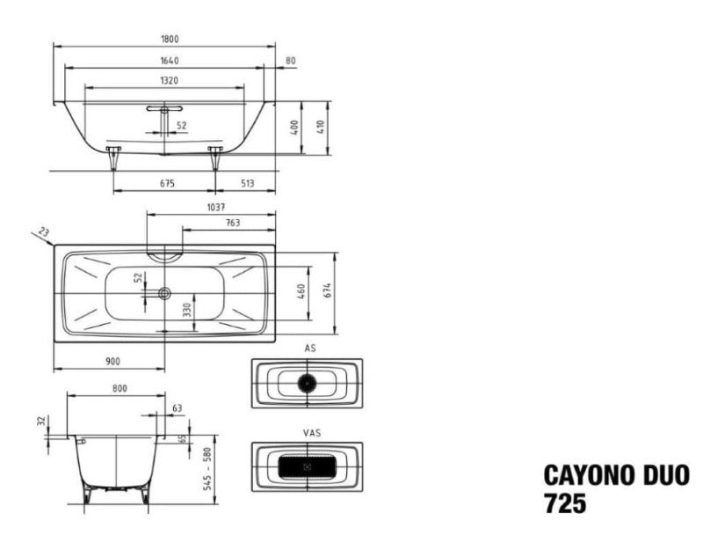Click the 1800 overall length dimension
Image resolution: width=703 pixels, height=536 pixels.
[x=170, y=39]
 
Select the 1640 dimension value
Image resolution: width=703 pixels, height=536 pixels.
[x=170, y=61]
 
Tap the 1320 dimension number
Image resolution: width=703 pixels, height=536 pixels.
[x=169, y=80]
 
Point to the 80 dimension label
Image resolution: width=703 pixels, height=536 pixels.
[x=291, y=61]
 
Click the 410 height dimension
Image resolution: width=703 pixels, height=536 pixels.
[x=320, y=128]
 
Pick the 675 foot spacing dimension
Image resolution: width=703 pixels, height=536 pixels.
[x=167, y=183]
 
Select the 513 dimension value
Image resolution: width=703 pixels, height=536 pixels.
[x=248, y=183]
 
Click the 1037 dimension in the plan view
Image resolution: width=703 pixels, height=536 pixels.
[x=215, y=207]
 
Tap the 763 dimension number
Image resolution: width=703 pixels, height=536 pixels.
[x=233, y=223]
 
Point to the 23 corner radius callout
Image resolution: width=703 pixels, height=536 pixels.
[x=44, y=231]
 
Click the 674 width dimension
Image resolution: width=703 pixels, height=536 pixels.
[x=327, y=291]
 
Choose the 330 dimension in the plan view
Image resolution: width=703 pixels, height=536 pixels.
[x=186, y=310]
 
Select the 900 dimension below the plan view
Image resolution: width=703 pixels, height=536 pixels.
[x=112, y=361]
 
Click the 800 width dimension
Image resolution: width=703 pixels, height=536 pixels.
[x=120, y=388]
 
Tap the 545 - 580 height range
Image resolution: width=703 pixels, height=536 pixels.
[x=207, y=468]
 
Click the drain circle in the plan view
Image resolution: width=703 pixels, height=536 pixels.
[x=164, y=294]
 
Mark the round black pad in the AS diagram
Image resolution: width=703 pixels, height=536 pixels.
[x=307, y=383]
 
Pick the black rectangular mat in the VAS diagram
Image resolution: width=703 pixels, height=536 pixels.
[x=307, y=466]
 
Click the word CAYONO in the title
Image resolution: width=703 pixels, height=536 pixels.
[x=589, y=475]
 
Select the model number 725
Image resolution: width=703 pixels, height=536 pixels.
[x=565, y=503]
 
